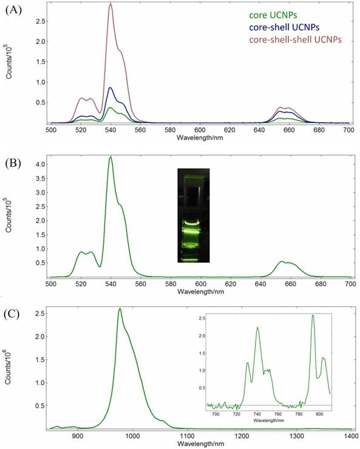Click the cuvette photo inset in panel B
[x=193, y=215]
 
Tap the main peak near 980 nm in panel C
[x=120, y=309]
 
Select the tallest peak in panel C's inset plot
[x=313, y=315]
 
